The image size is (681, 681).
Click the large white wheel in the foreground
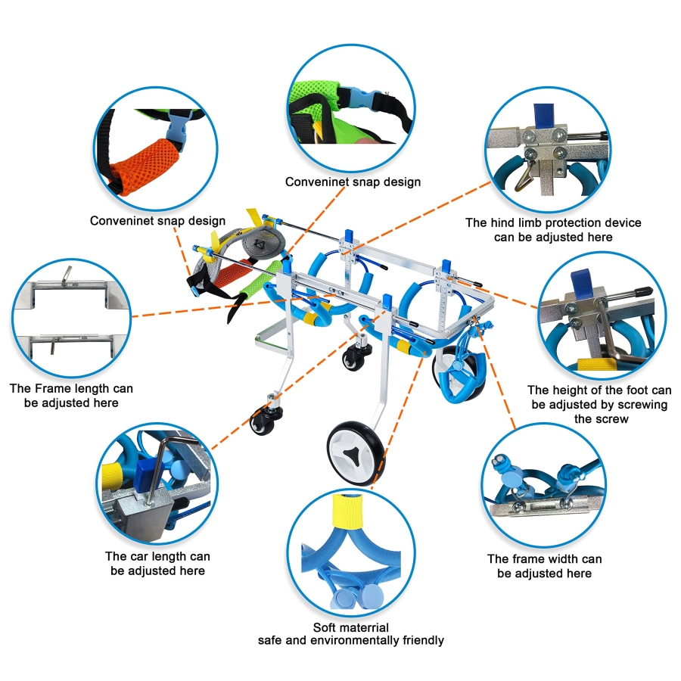356,453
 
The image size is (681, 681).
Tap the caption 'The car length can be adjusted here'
157,563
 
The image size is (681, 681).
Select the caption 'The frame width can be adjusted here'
544,566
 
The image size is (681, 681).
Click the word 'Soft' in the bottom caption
324,627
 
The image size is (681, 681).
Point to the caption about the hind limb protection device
553,230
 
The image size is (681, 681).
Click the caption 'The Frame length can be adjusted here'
71,395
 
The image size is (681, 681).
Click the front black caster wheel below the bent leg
263,420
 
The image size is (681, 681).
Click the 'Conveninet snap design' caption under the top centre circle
353,182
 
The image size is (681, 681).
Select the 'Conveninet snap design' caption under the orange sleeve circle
157,221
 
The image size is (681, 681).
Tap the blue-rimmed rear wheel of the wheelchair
459,374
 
